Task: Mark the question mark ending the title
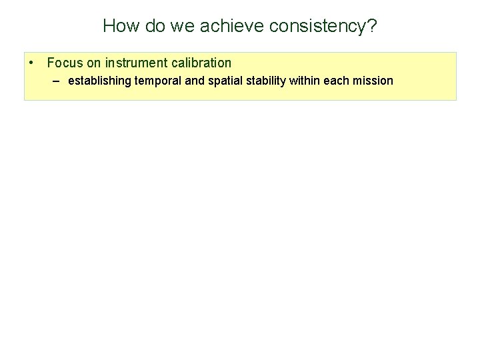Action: coord(371,26)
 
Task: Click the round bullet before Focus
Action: coord(33,63)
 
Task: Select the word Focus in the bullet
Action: coord(63,63)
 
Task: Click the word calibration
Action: coord(199,63)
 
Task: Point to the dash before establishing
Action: coord(55,81)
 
